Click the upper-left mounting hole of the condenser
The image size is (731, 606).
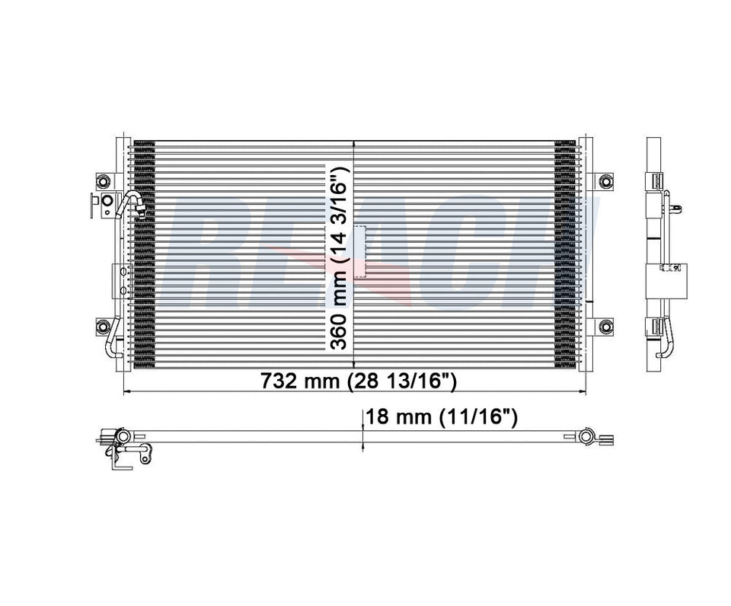(103, 181)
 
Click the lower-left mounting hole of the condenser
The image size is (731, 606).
(103, 327)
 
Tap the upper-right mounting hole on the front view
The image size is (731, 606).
(605, 181)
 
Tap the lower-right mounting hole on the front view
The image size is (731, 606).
(605, 327)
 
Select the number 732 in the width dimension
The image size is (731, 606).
(279, 381)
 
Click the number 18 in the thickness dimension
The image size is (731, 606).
(378, 417)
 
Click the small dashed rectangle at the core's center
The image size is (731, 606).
(358, 251)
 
